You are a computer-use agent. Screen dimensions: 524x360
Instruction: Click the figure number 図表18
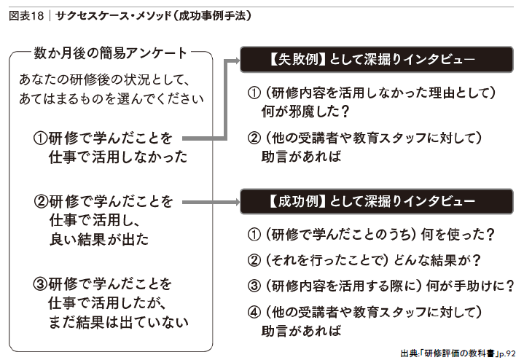point(26,16)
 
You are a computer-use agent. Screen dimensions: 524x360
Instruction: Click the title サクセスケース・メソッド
point(113,16)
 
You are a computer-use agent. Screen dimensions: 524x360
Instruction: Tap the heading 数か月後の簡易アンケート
point(110,53)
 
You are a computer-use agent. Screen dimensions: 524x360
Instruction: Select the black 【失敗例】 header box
point(377,60)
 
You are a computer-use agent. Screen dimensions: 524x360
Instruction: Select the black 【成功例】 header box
point(377,201)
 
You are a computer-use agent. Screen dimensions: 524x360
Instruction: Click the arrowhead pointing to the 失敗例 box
point(238,60)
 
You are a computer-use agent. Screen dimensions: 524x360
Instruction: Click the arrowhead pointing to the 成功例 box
point(238,202)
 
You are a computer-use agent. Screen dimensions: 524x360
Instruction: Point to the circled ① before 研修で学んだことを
point(40,138)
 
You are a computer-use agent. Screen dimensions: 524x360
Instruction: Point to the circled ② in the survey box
point(42,202)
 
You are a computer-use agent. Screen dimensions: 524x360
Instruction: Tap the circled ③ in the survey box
point(40,284)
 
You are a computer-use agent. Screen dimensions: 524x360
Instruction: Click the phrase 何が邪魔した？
point(305,111)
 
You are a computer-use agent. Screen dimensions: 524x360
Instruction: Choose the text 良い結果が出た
point(99,239)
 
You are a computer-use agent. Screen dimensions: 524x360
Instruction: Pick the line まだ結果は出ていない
point(119,322)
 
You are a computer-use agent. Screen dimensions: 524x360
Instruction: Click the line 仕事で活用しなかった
point(118,157)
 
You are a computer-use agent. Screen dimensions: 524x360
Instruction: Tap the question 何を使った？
point(458,235)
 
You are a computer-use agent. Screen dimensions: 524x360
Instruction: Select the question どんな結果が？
point(437,260)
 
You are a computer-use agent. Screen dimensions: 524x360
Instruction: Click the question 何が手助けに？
point(470,286)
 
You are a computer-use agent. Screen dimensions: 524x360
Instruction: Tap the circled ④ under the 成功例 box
point(254,312)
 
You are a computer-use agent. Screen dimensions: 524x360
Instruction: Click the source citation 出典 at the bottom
point(458,353)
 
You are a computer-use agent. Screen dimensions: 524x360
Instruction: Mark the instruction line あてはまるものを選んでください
point(112,99)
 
